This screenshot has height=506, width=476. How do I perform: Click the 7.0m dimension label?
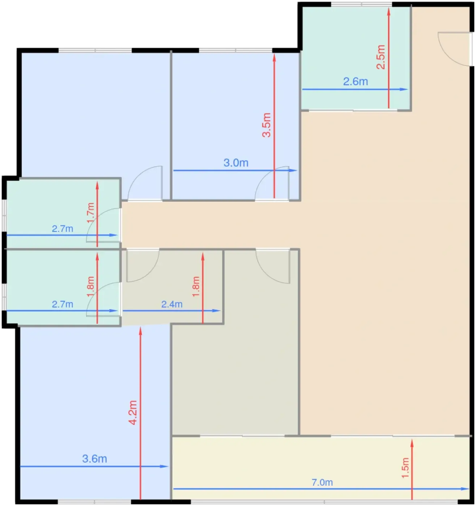[x=322, y=482]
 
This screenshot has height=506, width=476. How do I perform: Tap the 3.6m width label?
[x=94, y=459]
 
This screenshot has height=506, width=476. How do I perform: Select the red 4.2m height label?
[x=133, y=412]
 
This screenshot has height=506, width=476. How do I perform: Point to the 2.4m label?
[x=172, y=304]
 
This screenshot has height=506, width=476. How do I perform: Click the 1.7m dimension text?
[x=90, y=213]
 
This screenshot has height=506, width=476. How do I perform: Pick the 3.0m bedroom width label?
[x=236, y=163]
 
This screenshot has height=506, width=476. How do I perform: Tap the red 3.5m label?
[x=267, y=125]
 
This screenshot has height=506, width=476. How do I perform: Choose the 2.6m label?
[x=355, y=82]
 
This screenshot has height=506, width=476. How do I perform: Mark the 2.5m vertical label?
[x=381, y=57]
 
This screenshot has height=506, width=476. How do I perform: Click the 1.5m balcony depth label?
[x=405, y=468]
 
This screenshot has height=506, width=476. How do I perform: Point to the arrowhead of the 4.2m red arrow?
[x=140, y=330]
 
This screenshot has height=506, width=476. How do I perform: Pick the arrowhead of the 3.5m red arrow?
[x=274, y=57]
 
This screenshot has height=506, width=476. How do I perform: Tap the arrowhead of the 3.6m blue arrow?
[x=164, y=467]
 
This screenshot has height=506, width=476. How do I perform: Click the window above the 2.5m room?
[x=361, y=4]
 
